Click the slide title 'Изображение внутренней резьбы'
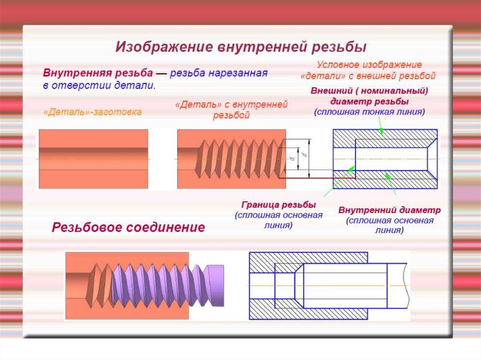click(x=240, y=47)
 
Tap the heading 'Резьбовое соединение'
click(x=128, y=228)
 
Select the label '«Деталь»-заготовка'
click(x=92, y=112)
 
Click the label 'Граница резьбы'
click(x=279, y=205)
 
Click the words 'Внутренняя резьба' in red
click(x=98, y=74)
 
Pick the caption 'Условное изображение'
click(x=369, y=65)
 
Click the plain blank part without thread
click(x=93, y=159)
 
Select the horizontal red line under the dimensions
click(x=305, y=178)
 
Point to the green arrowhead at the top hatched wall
click(x=381, y=131)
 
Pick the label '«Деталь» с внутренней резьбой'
click(x=231, y=110)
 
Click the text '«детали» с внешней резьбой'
click(x=368, y=75)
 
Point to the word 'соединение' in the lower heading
click(x=166, y=228)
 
